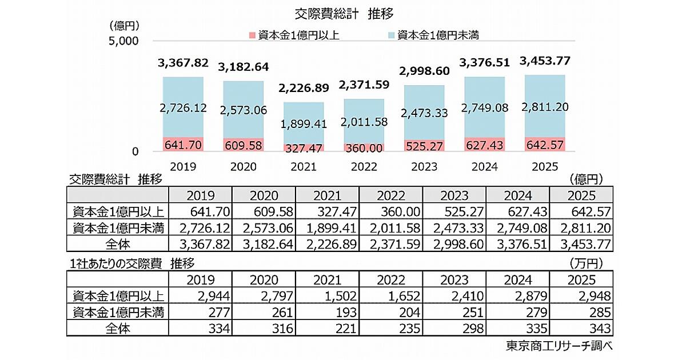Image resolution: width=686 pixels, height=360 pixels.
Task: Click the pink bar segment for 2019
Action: [182, 145]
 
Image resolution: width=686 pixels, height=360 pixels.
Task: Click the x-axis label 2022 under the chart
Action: [364, 166]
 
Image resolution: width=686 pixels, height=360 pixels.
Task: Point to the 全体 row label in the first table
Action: [118, 244]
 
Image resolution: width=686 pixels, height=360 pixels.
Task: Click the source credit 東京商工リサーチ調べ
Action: [555, 346]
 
